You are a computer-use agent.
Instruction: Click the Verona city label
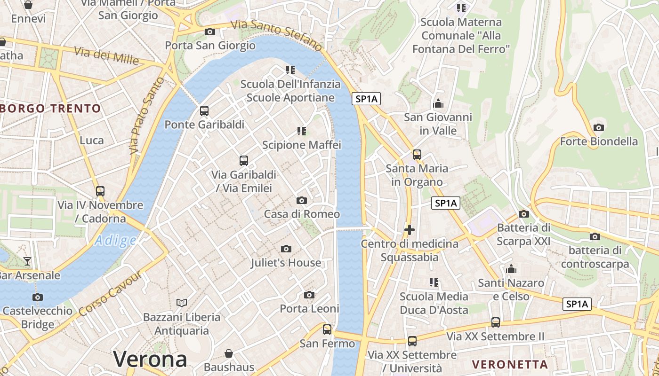(x=150, y=359)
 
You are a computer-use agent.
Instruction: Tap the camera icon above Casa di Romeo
(x=302, y=201)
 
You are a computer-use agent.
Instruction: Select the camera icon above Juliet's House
(x=286, y=249)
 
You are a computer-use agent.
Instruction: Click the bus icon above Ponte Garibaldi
(x=204, y=111)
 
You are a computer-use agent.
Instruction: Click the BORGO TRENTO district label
(x=51, y=109)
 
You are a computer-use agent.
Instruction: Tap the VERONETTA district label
(x=510, y=364)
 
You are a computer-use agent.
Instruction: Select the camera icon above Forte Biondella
(x=599, y=127)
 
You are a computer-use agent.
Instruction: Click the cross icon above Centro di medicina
(x=410, y=230)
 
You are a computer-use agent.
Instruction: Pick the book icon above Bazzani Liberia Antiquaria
(x=182, y=303)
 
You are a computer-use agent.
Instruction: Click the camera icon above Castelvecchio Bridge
(x=38, y=297)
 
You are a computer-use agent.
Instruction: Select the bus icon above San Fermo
(x=327, y=329)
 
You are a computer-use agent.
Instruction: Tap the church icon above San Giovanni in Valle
(x=438, y=103)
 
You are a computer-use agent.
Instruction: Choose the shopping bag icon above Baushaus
(x=229, y=353)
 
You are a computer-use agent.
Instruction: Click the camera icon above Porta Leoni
(x=309, y=295)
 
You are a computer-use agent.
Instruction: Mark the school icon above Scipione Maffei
(x=302, y=131)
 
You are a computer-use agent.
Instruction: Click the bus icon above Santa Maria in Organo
(x=417, y=154)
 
